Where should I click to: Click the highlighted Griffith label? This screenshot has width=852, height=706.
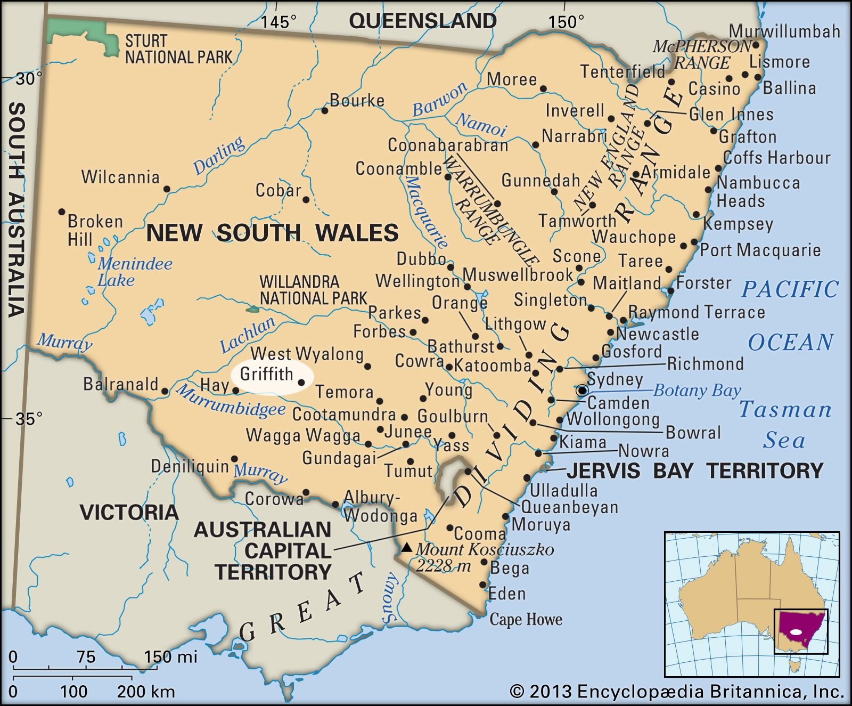(x=266, y=374)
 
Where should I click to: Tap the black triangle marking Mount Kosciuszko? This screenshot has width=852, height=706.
(x=407, y=547)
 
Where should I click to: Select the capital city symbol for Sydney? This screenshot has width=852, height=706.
(x=582, y=390)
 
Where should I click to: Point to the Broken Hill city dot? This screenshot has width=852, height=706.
(x=62, y=212)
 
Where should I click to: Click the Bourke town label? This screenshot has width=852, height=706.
(x=357, y=100)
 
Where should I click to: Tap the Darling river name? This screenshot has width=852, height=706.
(x=219, y=155)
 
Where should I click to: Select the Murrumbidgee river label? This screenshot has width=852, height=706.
(x=230, y=401)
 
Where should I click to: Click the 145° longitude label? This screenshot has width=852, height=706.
(x=278, y=22)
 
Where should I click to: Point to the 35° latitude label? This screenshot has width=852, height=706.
(x=28, y=419)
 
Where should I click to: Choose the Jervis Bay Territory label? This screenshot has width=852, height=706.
(x=695, y=471)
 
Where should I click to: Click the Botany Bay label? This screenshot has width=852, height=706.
(x=697, y=391)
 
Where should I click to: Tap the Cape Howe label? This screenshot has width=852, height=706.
(x=526, y=619)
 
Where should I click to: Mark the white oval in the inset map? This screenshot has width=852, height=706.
(x=796, y=632)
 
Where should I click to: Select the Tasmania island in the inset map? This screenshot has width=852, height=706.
(x=796, y=665)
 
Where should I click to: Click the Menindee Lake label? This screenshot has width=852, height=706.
(x=134, y=271)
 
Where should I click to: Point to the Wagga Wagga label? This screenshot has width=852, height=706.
(x=303, y=436)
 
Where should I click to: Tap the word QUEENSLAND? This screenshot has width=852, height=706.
(x=422, y=21)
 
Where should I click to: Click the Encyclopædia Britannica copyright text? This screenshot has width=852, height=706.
(x=677, y=692)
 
